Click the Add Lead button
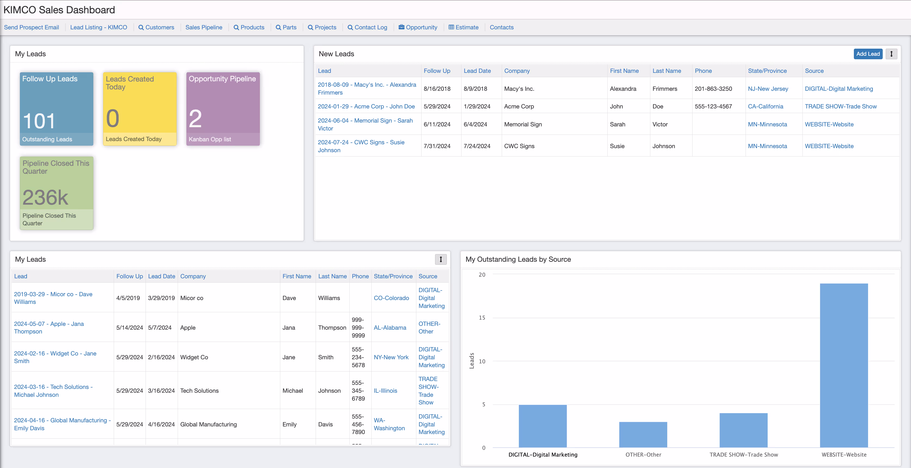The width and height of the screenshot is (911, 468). coord(867,54)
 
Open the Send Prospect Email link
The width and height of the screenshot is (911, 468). coord(32,27)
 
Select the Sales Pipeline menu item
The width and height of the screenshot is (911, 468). coord(204,27)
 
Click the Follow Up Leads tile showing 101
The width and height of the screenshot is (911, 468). coord(57,109)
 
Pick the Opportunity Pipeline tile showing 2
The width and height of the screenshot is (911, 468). coord(223,109)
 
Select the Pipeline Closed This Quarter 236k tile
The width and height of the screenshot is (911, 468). coord(57,193)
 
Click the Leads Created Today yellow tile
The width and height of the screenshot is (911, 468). coord(140,109)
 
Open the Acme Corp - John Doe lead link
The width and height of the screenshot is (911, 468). coord(366,106)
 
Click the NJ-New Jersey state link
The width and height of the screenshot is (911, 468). coord(768,89)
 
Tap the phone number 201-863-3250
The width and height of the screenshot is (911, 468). coord(713,89)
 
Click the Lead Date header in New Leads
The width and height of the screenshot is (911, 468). coord(477,71)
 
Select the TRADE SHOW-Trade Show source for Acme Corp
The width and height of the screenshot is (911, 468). coord(840,106)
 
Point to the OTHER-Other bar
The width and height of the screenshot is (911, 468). coord(643,435)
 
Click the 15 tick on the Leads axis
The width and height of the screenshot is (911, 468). coord(482,317)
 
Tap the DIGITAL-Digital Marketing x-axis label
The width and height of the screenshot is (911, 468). coord(543,455)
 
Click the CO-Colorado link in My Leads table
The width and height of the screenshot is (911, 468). coord(391,298)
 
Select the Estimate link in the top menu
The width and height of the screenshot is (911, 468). coord(466,27)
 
